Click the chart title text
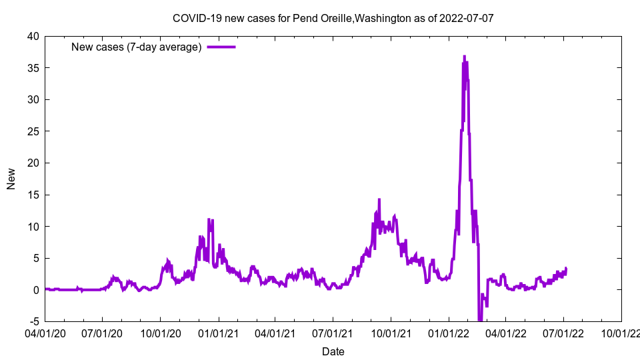click(333, 18)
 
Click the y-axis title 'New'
click(11, 179)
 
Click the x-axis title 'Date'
click(333, 351)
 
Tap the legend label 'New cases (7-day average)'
click(137, 47)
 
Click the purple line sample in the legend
click(221, 47)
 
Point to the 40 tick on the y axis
click(33, 36)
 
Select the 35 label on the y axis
click(33, 68)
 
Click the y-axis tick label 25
click(33, 131)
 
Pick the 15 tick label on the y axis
click(33, 195)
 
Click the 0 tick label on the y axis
click(36, 290)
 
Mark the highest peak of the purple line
click(464, 57)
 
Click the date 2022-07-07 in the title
click(466, 18)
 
